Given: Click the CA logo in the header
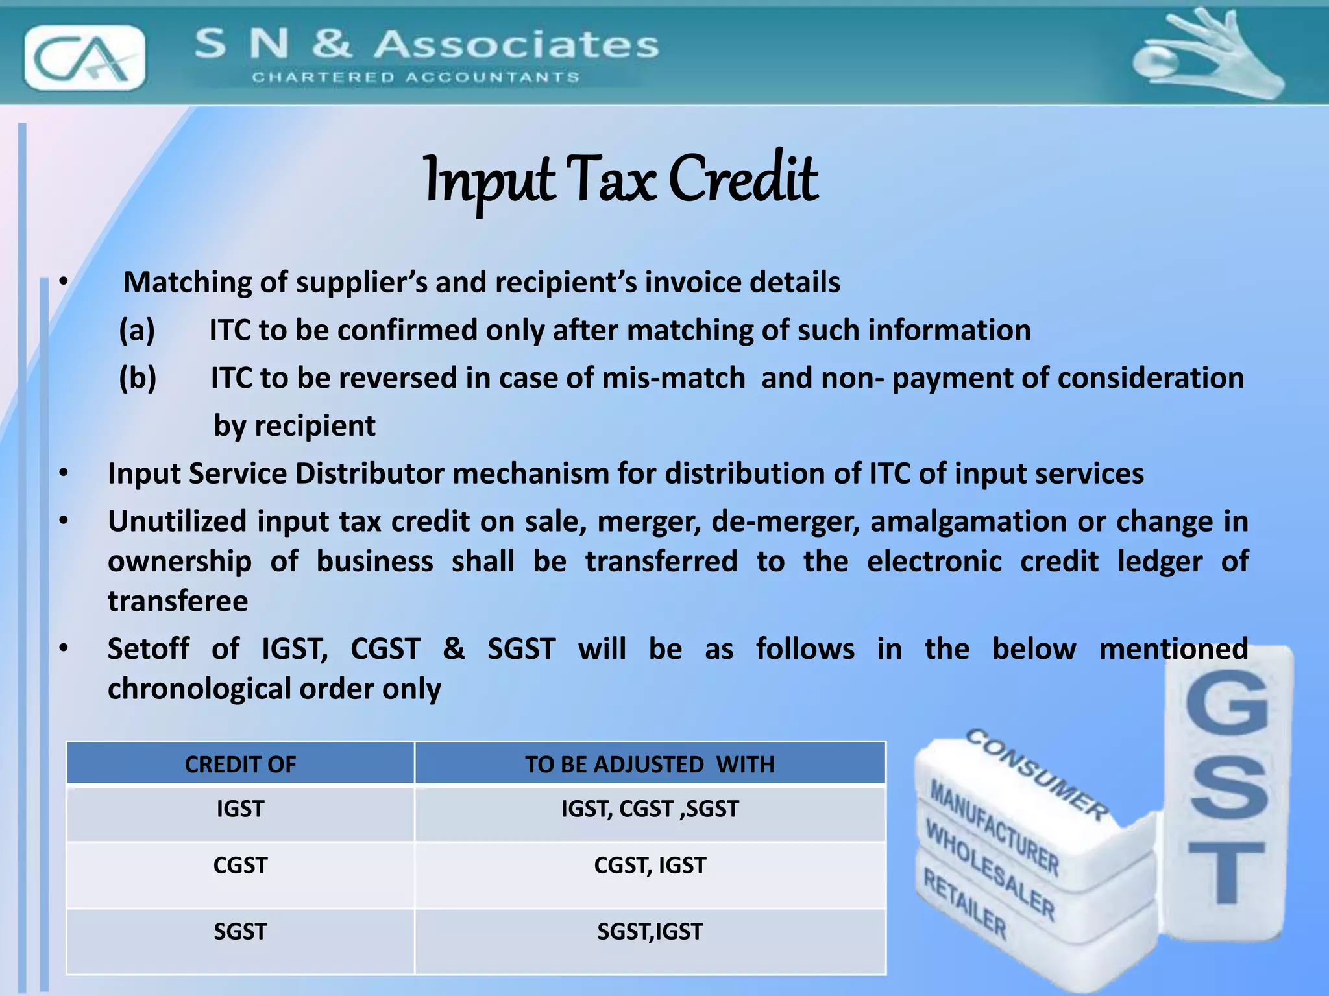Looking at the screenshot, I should coord(84,58).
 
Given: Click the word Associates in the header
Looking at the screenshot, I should coord(517,45).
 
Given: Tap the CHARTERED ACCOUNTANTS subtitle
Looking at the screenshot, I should coord(415,78).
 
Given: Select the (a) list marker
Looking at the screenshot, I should coord(137,331).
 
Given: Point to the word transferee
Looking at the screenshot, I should coord(178,602).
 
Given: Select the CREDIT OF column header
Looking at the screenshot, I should coord(240,765).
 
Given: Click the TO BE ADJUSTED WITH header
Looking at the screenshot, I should coord(650,765).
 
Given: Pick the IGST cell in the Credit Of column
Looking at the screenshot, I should coord(240,809).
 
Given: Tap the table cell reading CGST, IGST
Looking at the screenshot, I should coord(650,866).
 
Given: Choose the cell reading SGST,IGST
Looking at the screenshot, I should coord(650,932).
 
